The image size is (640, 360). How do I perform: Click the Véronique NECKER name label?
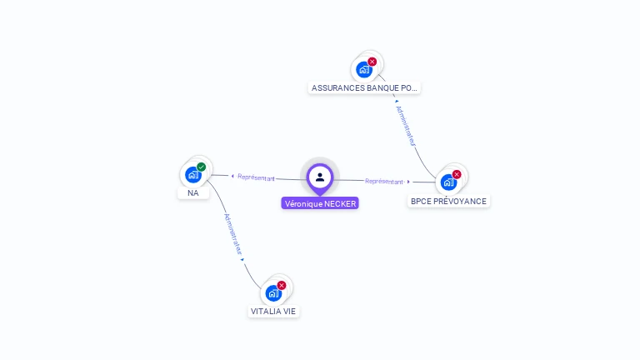[x=320, y=203]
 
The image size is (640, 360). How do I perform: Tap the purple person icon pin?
[x=320, y=177]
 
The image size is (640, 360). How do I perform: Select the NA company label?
[x=193, y=192]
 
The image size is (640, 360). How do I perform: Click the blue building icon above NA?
[x=193, y=175]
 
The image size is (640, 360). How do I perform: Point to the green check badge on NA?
[x=202, y=167]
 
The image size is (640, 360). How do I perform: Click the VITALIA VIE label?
[x=273, y=311]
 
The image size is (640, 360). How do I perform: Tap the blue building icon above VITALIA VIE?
[x=273, y=293]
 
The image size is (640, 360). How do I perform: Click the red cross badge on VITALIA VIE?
[x=282, y=285]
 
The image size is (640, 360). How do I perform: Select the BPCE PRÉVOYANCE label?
[x=448, y=201]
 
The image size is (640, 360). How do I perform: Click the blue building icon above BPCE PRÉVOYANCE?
[x=448, y=182]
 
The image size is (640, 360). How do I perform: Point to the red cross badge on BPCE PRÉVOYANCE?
[x=457, y=174]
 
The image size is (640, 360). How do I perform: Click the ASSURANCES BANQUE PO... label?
[x=364, y=87]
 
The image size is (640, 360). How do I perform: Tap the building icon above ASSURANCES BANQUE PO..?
[x=364, y=70]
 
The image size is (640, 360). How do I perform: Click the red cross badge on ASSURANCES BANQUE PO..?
[x=372, y=62]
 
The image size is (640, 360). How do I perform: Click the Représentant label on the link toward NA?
[x=256, y=177]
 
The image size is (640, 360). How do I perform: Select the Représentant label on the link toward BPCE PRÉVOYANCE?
[x=384, y=181]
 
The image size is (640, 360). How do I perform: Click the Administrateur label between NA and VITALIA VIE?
[x=232, y=234]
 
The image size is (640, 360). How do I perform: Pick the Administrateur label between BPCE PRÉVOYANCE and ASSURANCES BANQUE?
[x=406, y=126]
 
